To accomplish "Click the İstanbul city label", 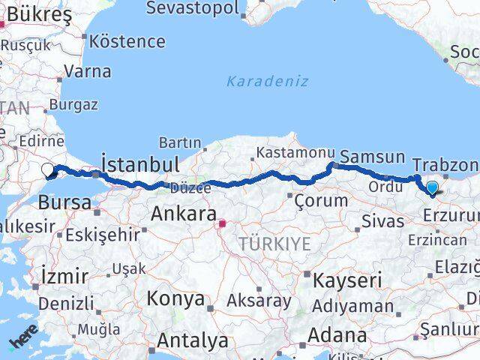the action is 139,164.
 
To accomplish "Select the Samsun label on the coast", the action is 372,157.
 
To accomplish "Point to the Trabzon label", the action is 445,164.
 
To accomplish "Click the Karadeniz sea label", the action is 268,81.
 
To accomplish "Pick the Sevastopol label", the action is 193,8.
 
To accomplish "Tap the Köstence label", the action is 132,41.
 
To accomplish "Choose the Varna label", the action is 88,72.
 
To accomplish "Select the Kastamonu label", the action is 289,153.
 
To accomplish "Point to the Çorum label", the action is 321,200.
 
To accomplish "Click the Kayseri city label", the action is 342,280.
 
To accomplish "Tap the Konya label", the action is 175,298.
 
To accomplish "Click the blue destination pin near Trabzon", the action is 432,187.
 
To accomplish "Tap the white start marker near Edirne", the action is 47,170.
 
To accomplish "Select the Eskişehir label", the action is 102,234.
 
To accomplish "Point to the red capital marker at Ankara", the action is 222,223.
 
